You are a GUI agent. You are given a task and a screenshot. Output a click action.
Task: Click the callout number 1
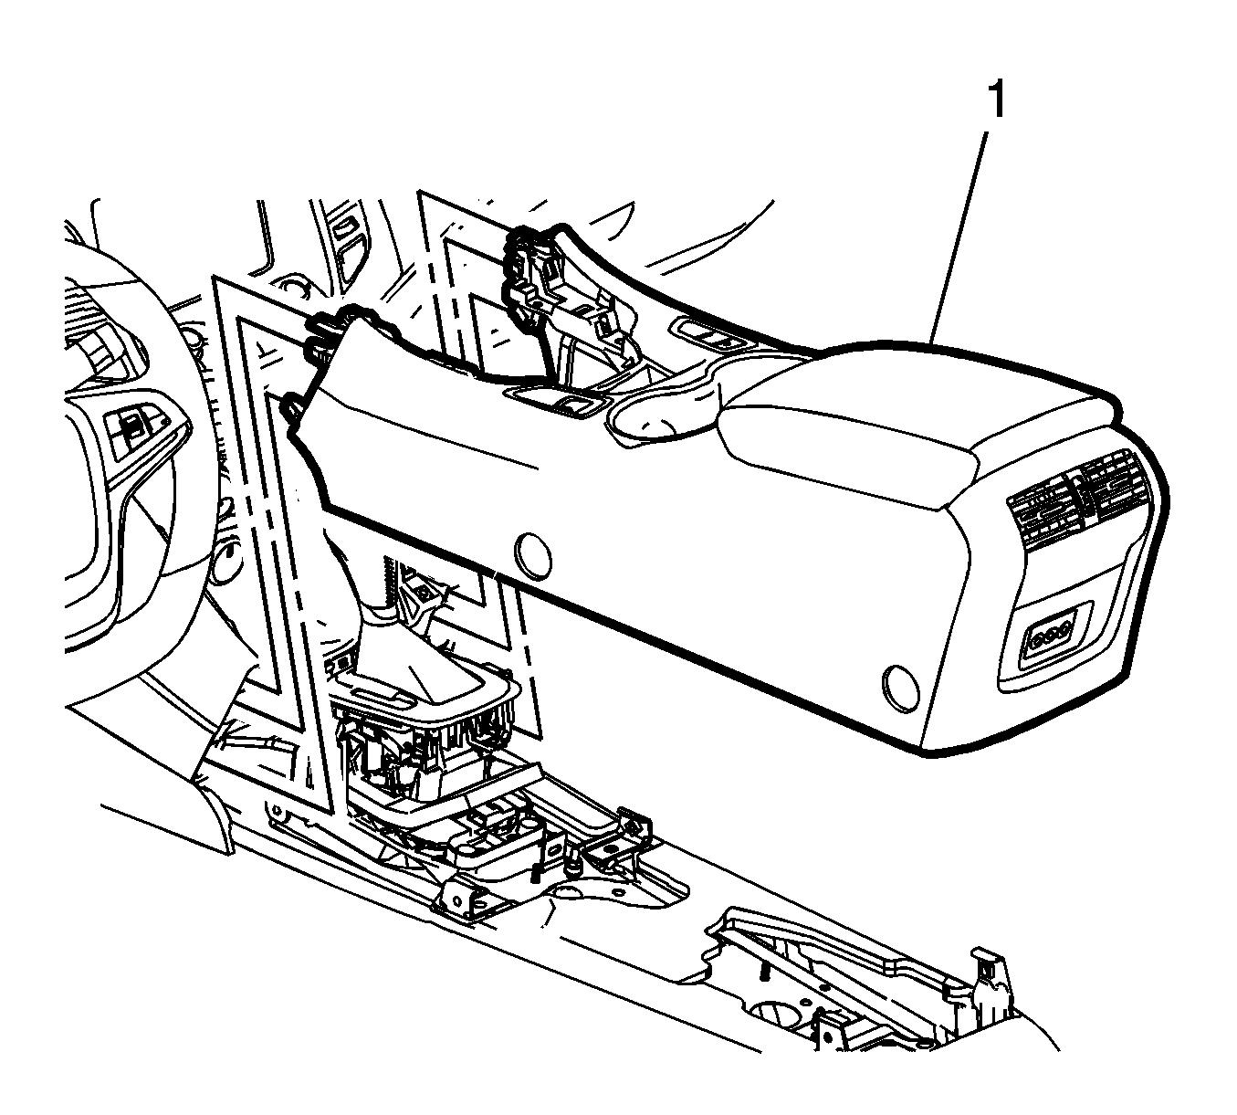(x=997, y=101)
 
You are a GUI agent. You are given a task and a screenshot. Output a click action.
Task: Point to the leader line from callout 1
(x=959, y=237)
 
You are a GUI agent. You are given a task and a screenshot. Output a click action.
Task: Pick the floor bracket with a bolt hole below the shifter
(x=468, y=904)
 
